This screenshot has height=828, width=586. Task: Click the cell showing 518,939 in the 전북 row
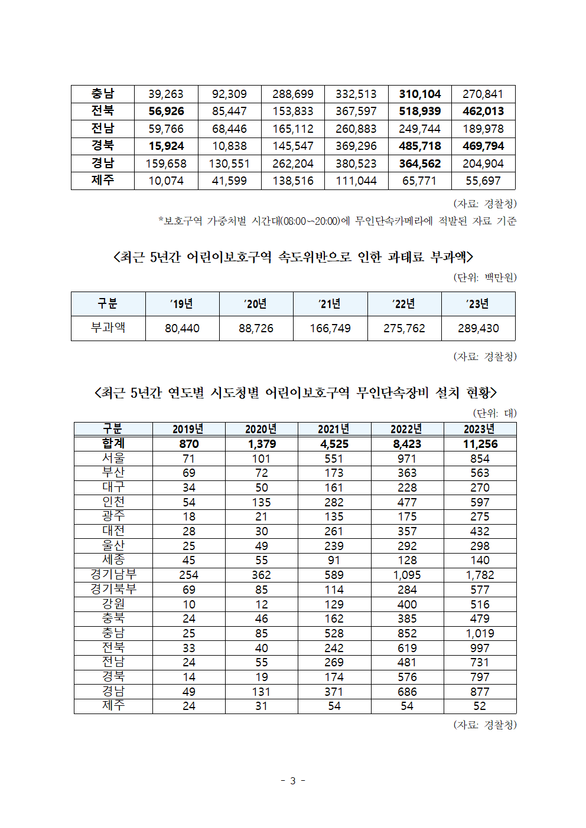[x=419, y=112]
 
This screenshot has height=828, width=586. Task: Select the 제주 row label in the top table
[x=102, y=181]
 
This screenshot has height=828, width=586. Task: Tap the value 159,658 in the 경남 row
[x=166, y=163]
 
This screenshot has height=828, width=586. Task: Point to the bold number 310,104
[x=419, y=94]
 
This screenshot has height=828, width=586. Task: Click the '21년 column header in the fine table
[x=330, y=304]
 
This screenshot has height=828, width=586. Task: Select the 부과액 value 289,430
[x=478, y=328]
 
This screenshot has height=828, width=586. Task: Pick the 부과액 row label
[x=108, y=328]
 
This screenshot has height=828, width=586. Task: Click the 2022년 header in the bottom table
[x=406, y=429]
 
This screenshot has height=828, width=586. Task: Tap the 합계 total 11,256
[x=480, y=444]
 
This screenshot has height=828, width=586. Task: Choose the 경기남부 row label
[x=113, y=574]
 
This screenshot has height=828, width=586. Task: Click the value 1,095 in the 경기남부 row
[x=407, y=575]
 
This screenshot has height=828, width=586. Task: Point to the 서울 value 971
[x=407, y=459]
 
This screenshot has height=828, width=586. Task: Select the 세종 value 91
[x=334, y=560]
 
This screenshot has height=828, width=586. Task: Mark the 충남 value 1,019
[x=480, y=633]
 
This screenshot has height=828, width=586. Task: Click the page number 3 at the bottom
[x=292, y=781]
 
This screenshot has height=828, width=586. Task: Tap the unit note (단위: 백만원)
[x=485, y=277]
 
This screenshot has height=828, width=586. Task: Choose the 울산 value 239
[x=334, y=546]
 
